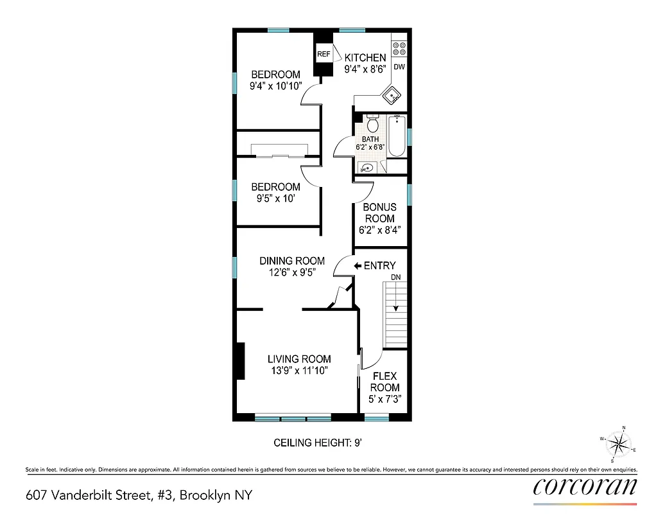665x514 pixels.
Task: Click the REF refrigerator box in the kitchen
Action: (x=323, y=55)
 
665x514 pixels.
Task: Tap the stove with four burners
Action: (x=399, y=49)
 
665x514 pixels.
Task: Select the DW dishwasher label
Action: (x=399, y=67)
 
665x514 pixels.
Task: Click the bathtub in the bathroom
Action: (x=397, y=136)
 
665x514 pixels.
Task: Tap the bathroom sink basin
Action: (x=367, y=168)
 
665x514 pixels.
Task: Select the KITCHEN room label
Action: (x=366, y=58)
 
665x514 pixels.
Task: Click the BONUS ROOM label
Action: (x=380, y=213)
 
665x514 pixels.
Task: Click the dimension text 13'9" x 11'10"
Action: (x=299, y=371)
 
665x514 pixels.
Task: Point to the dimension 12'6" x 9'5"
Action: (x=291, y=272)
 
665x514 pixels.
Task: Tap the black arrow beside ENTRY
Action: (x=358, y=265)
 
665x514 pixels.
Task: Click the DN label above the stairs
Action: (x=396, y=277)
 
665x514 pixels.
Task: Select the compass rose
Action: (x=619, y=443)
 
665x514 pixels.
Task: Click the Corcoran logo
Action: (x=585, y=485)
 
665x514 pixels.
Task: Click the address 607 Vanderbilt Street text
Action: (x=139, y=495)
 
